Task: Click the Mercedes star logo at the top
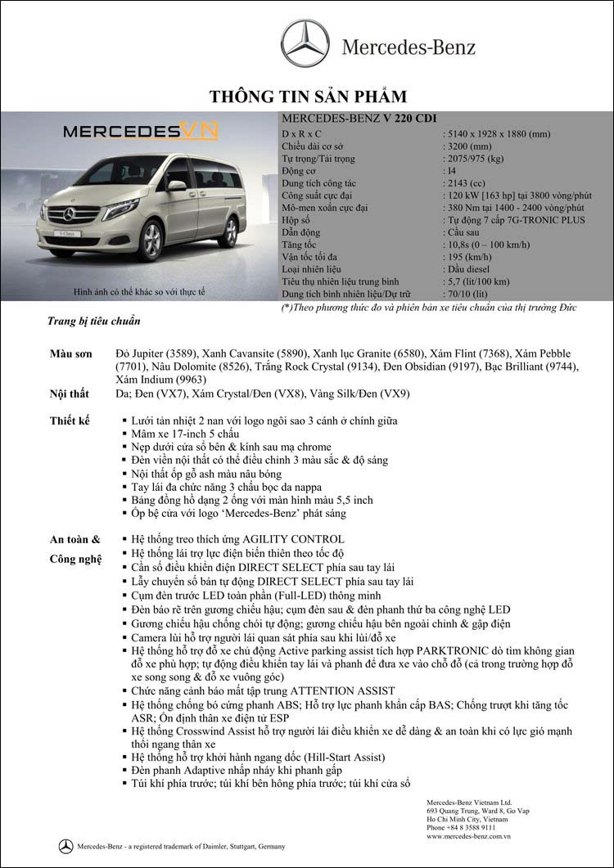click(x=305, y=44)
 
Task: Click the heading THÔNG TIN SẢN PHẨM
click(x=307, y=97)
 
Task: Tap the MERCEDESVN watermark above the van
click(x=140, y=132)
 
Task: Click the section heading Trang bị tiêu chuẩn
click(x=93, y=322)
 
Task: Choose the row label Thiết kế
click(x=70, y=421)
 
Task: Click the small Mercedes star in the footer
click(x=65, y=846)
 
